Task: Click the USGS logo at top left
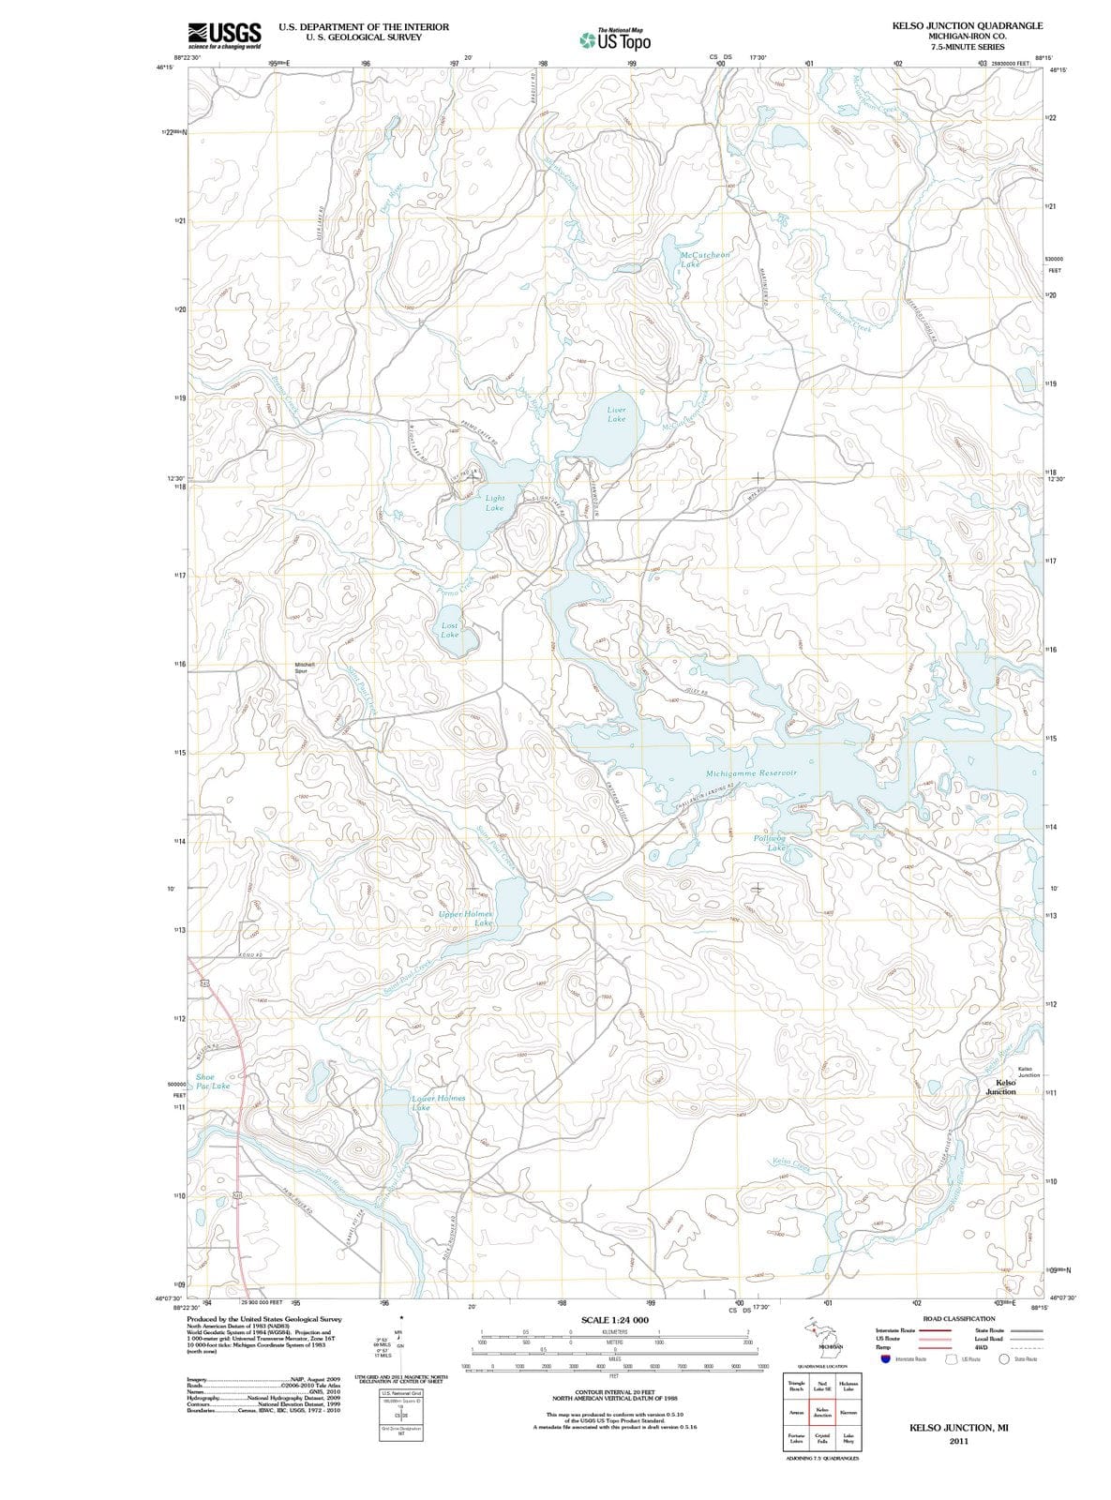pos(224,35)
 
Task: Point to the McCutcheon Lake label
pos(703,259)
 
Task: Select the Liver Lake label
pos(616,414)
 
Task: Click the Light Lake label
pos(494,502)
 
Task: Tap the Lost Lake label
pos(450,629)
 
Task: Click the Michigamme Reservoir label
pos(751,772)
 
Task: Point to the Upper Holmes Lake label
pos(466,918)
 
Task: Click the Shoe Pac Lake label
pos(212,1081)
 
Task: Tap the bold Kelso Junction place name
pos(1000,1087)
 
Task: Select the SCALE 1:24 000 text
pos(614,1320)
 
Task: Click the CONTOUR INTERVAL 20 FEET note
pos(614,1393)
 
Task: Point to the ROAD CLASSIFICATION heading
pos(959,1318)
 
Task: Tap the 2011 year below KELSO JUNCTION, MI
pos(958,1441)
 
